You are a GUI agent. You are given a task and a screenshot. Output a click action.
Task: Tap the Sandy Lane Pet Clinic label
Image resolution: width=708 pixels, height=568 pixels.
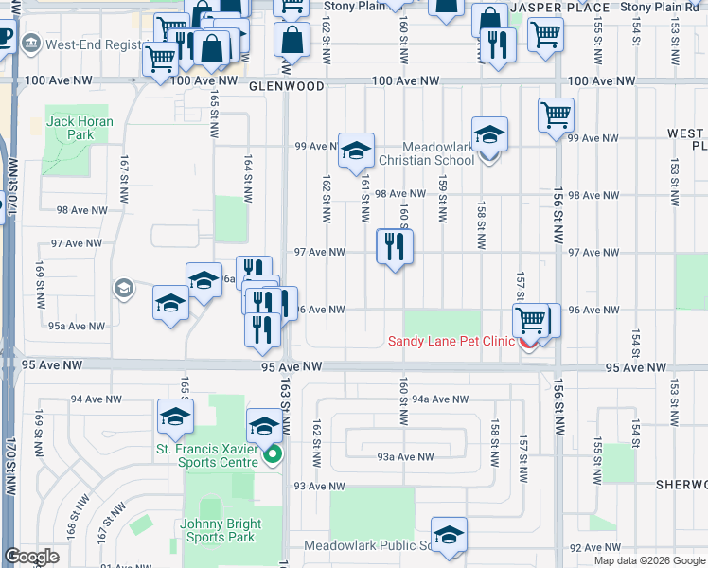click(450, 342)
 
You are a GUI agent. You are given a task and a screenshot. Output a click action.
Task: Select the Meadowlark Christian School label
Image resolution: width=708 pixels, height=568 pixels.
click(438, 153)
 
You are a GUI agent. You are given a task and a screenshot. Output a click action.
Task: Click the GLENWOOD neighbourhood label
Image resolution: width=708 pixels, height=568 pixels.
click(287, 85)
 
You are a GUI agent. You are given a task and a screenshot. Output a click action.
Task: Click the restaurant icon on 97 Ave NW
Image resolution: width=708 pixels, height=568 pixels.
click(395, 246)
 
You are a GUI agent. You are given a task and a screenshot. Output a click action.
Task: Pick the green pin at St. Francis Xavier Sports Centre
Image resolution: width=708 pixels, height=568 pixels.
click(273, 456)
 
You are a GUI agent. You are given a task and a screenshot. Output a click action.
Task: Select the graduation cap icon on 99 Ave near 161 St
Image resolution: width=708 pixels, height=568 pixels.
click(357, 151)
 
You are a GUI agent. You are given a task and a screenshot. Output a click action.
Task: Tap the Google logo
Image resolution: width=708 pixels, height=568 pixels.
click(31, 557)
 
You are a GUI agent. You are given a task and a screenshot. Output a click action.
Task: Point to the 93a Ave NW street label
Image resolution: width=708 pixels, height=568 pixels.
click(404, 457)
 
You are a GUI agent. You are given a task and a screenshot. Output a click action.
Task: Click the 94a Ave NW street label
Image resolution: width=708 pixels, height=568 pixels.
click(440, 399)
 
